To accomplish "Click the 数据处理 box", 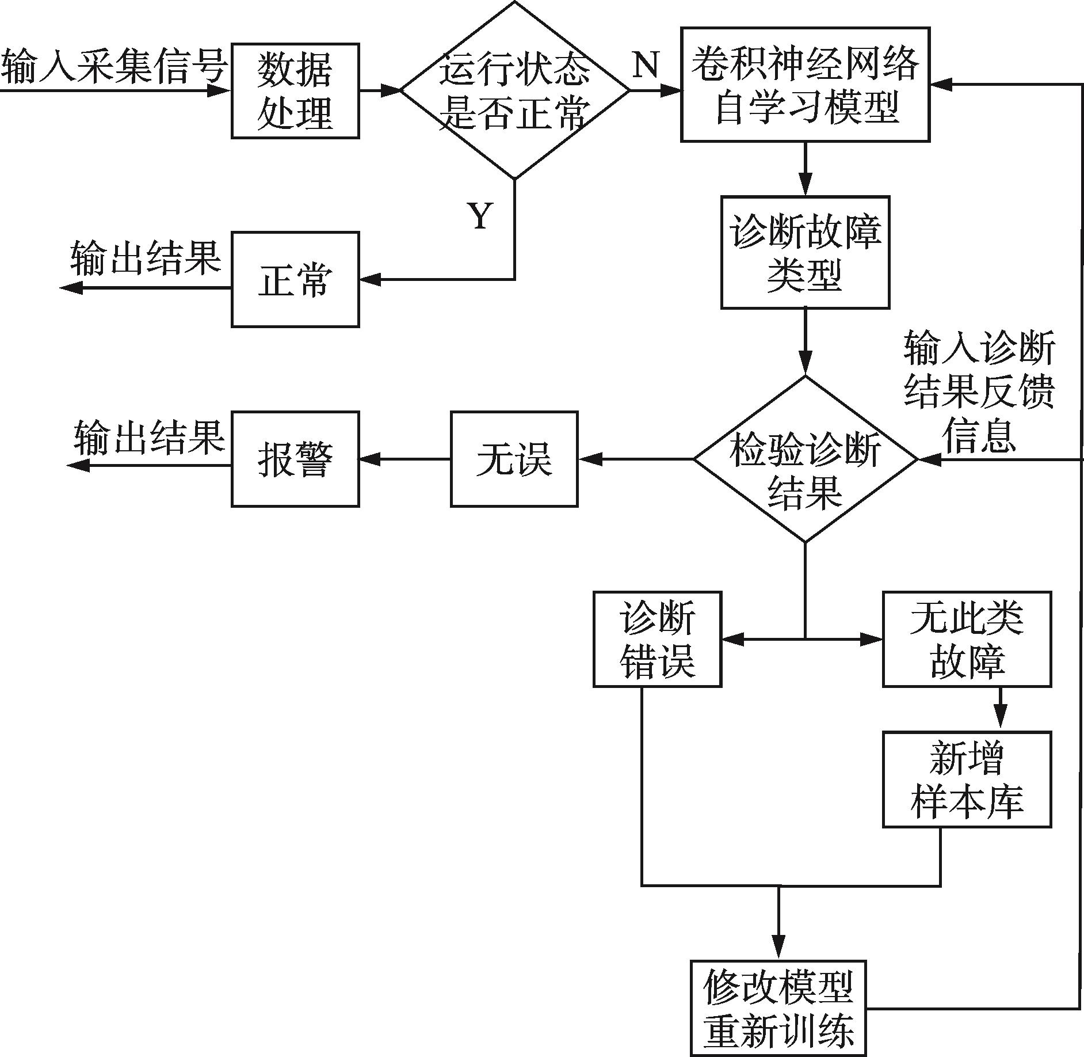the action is [x=295, y=90].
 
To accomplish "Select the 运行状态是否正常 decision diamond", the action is [x=514, y=90].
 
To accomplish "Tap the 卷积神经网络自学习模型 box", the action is [x=806, y=84].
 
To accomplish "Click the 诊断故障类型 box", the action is [x=806, y=252].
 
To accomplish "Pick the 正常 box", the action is [x=295, y=280].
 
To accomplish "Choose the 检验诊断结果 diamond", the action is [x=806, y=459].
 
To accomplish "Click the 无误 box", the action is [x=514, y=459].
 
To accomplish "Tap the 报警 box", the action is [x=295, y=459].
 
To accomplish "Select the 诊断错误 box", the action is [x=657, y=639].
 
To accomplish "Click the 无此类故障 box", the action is [x=967, y=639].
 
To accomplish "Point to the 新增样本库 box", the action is [x=967, y=780].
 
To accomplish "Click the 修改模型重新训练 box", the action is [x=778, y=1008].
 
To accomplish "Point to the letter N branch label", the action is [x=646, y=64].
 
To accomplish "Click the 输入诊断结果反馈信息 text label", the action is [x=979, y=391].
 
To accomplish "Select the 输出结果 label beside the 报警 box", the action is [x=148, y=437].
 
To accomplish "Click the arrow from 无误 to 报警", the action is [x=404, y=459].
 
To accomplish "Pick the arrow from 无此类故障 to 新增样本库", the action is [x=1000, y=709].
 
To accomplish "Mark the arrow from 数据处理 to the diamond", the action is [x=380, y=90].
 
